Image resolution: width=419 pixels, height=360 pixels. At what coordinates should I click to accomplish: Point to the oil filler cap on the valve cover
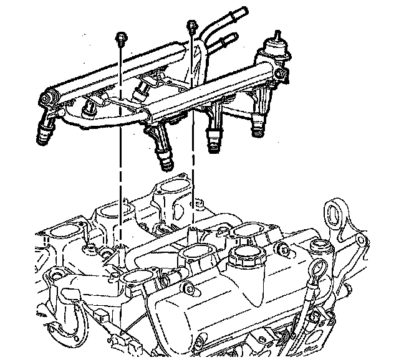click(246, 261)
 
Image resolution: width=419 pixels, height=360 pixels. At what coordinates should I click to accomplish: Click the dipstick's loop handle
click(320, 270)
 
